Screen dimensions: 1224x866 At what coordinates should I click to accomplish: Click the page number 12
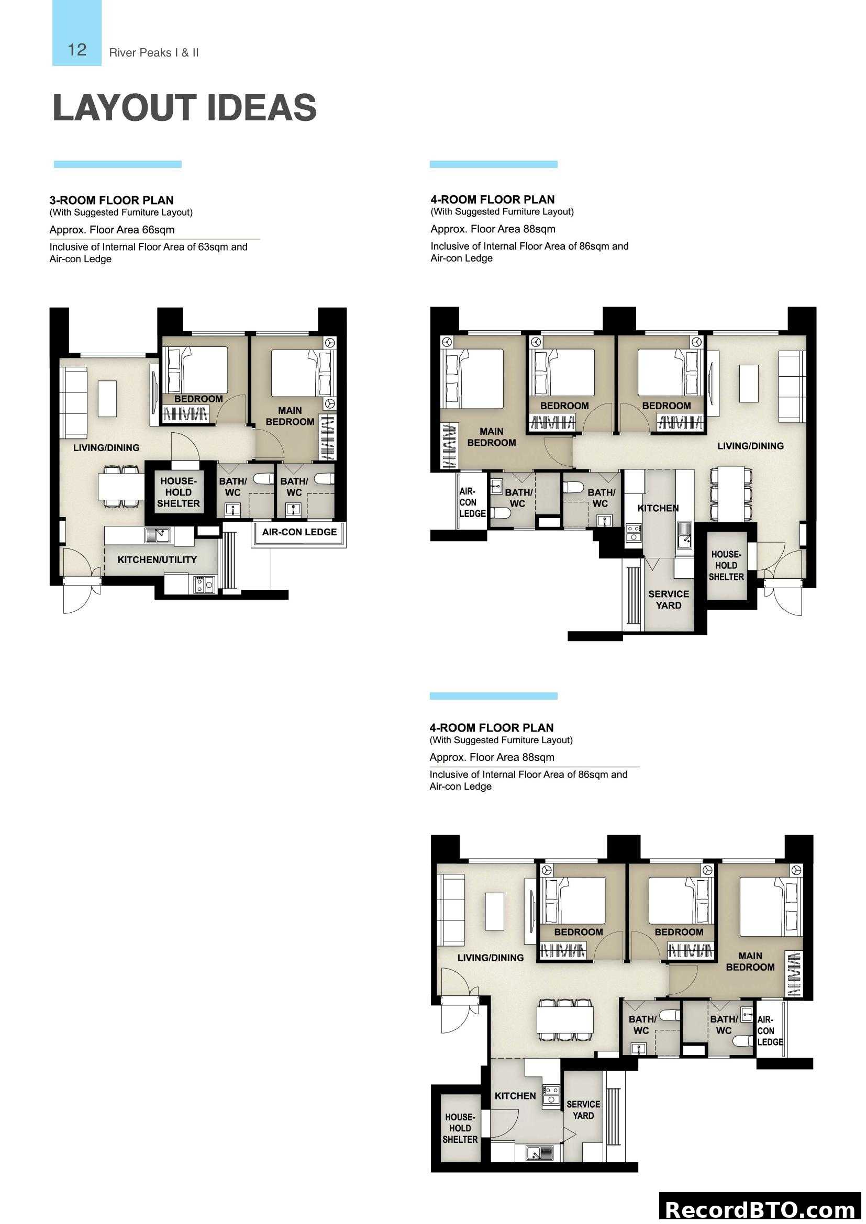tap(77, 50)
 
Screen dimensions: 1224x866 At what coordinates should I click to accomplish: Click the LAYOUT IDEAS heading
tap(184, 108)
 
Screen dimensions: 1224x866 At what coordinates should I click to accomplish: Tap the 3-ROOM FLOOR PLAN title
tap(112, 200)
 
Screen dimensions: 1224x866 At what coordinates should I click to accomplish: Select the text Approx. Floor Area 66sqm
tap(112, 230)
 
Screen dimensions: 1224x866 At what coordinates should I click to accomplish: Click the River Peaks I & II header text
tap(153, 53)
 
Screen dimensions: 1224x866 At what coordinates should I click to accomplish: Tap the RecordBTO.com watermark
tap(761, 1210)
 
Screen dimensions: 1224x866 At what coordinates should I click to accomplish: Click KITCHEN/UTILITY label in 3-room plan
tap(157, 560)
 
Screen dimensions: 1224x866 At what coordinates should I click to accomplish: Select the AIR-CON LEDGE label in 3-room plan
tap(299, 532)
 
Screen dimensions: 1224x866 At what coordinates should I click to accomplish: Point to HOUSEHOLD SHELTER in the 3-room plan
tap(178, 492)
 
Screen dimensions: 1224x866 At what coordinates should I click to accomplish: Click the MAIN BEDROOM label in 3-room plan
tap(290, 416)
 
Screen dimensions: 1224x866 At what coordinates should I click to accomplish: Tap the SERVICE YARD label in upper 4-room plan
tap(668, 599)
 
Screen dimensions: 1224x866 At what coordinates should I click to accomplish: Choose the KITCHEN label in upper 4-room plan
tap(658, 508)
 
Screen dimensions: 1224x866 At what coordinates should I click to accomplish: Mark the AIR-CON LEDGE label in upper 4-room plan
tap(472, 502)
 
